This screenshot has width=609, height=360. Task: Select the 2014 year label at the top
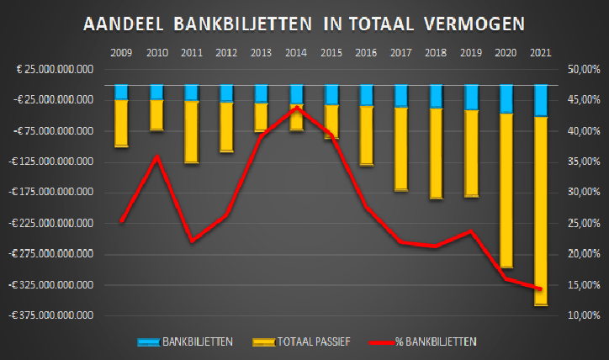(296, 54)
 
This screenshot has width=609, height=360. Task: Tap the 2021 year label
(541, 54)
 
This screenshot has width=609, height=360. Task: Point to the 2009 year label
(121, 54)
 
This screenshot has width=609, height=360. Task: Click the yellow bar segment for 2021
(541, 210)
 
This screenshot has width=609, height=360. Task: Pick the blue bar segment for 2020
(506, 98)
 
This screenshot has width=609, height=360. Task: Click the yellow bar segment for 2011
(191, 131)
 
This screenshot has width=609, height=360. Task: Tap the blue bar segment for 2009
(121, 92)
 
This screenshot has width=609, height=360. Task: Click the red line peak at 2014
(296, 108)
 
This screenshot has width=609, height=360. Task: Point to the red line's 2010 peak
(156, 156)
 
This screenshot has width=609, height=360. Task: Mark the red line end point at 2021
(541, 289)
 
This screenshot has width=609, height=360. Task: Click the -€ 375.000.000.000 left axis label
(52, 315)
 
